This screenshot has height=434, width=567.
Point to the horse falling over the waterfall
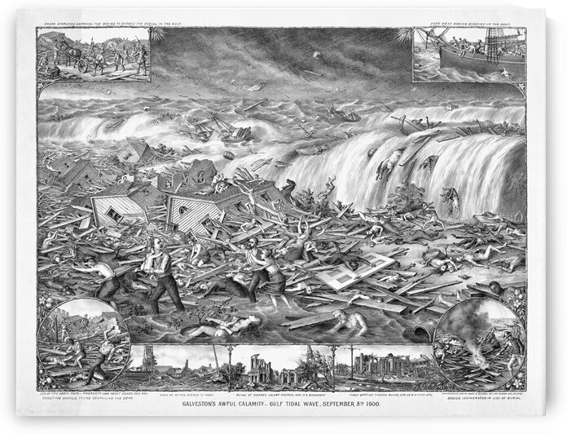(x=381, y=167)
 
